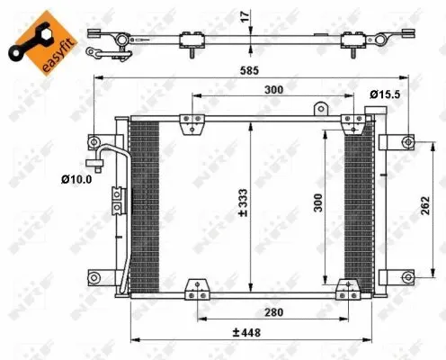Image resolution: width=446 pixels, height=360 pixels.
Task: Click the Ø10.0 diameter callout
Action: click(x=77, y=180)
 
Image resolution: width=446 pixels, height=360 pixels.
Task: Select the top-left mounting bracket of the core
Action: click(x=189, y=124)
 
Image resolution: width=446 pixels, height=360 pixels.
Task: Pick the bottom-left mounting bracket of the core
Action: click(x=195, y=290)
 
